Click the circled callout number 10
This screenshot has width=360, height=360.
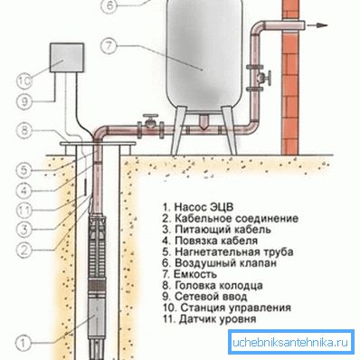24,81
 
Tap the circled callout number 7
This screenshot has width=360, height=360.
109,46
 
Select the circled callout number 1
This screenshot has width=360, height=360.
24,343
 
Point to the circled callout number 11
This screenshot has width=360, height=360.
24,210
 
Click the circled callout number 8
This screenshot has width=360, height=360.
24,130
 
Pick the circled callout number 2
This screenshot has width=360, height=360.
24,250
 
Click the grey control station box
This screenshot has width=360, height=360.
67,58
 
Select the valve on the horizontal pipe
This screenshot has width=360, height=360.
151,126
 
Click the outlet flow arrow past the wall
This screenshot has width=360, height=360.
317,26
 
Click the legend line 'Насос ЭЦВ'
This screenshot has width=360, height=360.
198,207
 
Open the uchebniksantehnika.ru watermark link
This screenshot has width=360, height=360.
290,343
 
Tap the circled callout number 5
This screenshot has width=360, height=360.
24,170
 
